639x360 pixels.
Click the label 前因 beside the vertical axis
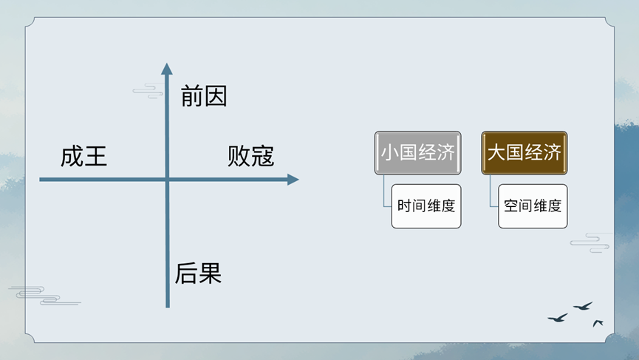[204, 96]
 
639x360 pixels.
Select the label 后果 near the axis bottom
[198, 273]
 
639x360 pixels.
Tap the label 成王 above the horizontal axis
[84, 156]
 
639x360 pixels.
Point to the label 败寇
[250, 156]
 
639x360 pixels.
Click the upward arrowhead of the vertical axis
[167, 69]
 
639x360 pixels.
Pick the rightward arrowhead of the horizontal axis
[293, 180]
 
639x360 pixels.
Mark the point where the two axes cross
[168, 180]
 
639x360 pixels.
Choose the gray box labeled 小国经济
[417, 153]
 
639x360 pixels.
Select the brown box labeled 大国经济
[524, 153]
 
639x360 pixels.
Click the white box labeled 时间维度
[426, 206]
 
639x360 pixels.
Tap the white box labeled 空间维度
[533, 206]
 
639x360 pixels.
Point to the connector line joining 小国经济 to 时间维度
[384, 191]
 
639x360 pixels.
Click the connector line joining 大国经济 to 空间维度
[491, 191]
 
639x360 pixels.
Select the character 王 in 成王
[96, 156]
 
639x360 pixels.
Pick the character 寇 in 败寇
[263, 156]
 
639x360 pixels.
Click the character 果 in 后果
[211, 273]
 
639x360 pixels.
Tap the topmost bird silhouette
[584, 306]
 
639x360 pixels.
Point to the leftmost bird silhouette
[558, 318]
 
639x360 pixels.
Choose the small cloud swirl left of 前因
[148, 92]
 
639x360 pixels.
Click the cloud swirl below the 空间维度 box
[590, 243]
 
